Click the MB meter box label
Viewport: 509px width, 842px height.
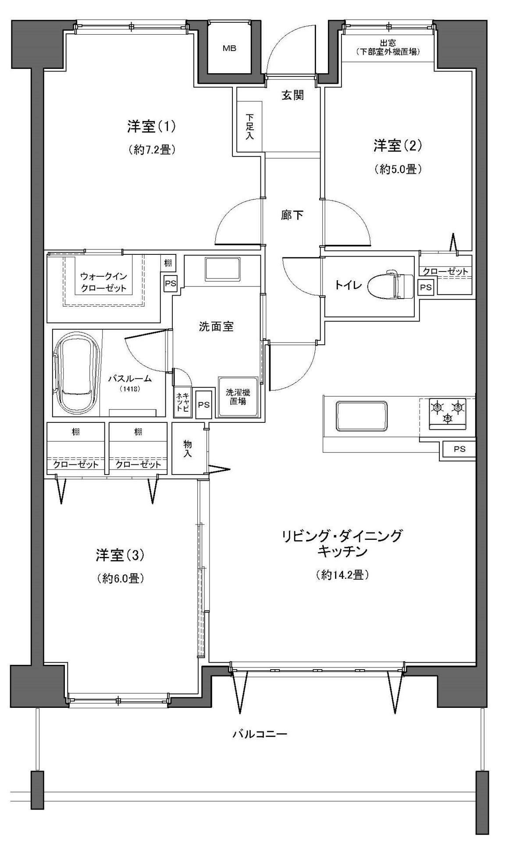click(229, 49)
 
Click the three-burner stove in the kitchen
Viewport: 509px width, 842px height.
click(447, 411)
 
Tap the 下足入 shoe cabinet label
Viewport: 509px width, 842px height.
click(249, 127)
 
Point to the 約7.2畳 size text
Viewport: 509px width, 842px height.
click(153, 150)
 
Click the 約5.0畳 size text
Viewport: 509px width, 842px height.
click(398, 169)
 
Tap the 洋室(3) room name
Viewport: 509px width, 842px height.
click(120, 555)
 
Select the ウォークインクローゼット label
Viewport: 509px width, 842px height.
click(103, 282)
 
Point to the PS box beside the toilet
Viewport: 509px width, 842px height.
click(425, 287)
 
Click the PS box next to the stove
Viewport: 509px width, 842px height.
click(459, 449)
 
